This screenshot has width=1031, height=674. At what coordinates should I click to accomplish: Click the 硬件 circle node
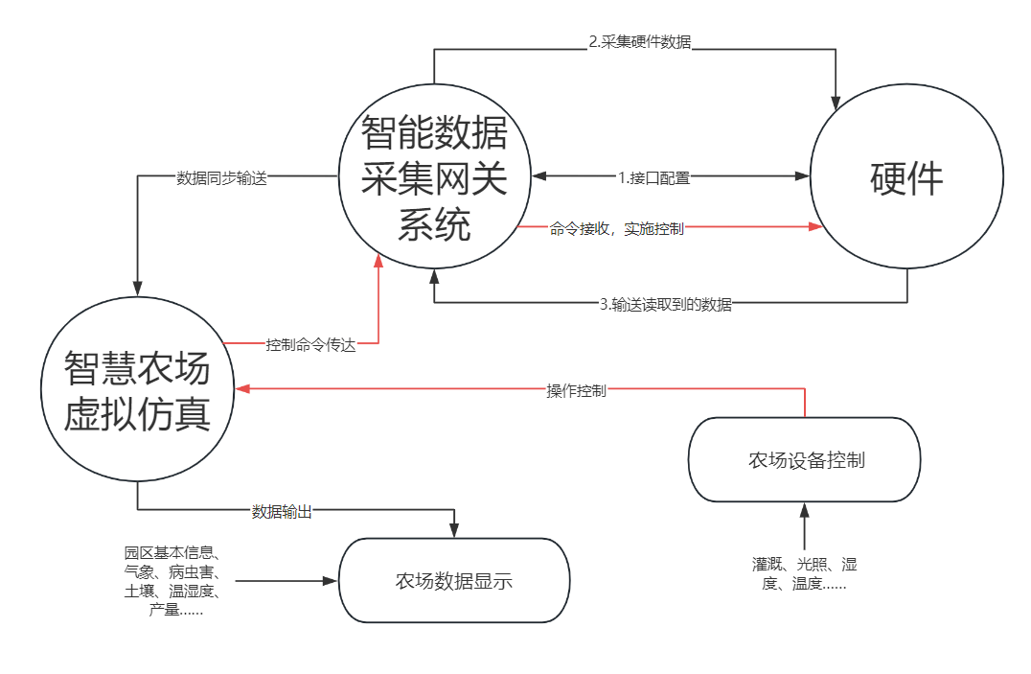pyautogui.click(x=906, y=179)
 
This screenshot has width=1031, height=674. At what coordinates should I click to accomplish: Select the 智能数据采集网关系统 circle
pyautogui.click(x=434, y=179)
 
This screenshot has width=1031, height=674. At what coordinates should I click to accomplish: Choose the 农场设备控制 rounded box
pyautogui.click(x=805, y=459)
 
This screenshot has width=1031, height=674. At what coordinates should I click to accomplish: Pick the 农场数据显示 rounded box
pyautogui.click(x=453, y=580)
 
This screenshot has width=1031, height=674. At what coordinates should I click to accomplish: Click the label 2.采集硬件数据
pyautogui.click(x=639, y=43)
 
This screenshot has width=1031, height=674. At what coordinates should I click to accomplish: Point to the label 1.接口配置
pyautogui.click(x=653, y=177)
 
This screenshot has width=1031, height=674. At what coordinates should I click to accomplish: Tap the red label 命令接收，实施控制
pyautogui.click(x=617, y=229)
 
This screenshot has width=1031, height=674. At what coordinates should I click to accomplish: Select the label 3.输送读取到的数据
pyautogui.click(x=665, y=305)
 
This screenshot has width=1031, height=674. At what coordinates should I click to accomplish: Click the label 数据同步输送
pyautogui.click(x=221, y=178)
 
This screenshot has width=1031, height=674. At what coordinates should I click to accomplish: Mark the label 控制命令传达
pyautogui.click(x=310, y=345)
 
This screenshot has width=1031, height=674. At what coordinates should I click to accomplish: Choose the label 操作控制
pyautogui.click(x=576, y=390)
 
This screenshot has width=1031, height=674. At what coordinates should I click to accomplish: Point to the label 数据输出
pyautogui.click(x=282, y=512)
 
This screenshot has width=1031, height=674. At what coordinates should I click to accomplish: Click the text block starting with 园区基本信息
pyautogui.click(x=172, y=581)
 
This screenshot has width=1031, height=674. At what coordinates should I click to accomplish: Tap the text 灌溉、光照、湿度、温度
pyautogui.click(x=804, y=573)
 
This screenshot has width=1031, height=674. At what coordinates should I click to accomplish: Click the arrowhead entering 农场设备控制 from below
pyautogui.click(x=805, y=509)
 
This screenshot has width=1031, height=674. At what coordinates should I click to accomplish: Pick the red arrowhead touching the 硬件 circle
pyautogui.click(x=815, y=227)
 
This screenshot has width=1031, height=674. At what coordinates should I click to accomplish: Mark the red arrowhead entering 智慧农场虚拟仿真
pyautogui.click(x=243, y=388)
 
